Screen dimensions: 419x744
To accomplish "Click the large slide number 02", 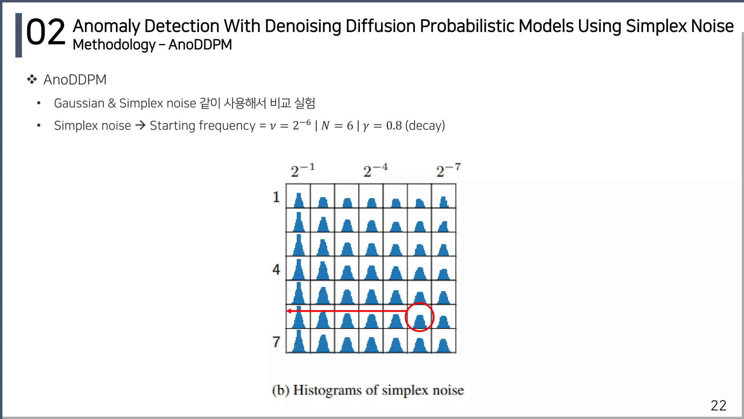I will (45, 33).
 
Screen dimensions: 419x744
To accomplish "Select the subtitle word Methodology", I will (114, 45).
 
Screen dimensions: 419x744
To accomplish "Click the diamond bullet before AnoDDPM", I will (32, 79).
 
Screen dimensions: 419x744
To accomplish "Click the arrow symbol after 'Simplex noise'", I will (140, 125).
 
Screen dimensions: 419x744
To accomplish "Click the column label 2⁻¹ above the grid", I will (302, 170).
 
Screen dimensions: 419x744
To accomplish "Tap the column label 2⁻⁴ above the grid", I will (375, 170).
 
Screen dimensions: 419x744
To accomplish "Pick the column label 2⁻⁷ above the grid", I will (448, 170).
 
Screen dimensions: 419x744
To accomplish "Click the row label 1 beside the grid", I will (276, 197).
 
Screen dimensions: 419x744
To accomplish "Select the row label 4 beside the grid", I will (276, 270).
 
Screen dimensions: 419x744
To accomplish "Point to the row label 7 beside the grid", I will (276, 342).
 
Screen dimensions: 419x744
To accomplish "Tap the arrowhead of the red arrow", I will (289, 311).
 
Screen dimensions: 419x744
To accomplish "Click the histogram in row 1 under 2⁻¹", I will (299, 200).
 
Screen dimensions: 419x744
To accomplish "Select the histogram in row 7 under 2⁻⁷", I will (444, 345).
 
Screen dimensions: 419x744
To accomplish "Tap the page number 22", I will (718, 406).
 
